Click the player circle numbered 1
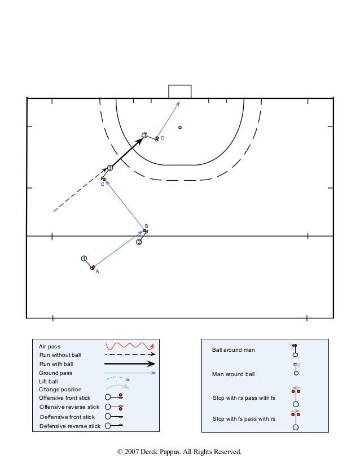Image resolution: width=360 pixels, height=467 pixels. click(x=84, y=259)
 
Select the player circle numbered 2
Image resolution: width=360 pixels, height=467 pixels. click(x=139, y=242)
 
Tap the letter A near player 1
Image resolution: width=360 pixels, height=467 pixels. click(x=97, y=271)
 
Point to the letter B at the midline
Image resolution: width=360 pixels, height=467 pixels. click(x=146, y=225)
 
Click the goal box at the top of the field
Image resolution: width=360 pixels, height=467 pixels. click(x=179, y=91)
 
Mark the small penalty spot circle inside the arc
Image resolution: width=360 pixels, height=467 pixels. click(x=180, y=127)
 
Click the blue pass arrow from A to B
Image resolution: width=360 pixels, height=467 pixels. click(x=119, y=248)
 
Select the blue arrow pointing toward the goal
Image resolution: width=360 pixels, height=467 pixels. click(x=169, y=119)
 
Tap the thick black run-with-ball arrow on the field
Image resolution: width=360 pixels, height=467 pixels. click(x=127, y=153)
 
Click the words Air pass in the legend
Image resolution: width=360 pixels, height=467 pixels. click(x=50, y=346)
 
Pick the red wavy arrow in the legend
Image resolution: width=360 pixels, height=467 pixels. click(x=130, y=346)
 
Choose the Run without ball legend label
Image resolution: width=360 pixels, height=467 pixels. click(x=60, y=355)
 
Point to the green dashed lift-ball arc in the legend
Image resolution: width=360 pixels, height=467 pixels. click(x=119, y=379)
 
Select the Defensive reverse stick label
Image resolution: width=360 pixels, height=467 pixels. click(x=69, y=426)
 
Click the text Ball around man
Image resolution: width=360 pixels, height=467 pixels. click(x=233, y=350)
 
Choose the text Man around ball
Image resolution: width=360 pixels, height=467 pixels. click(x=233, y=374)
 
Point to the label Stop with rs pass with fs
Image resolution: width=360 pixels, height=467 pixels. click(x=243, y=398)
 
